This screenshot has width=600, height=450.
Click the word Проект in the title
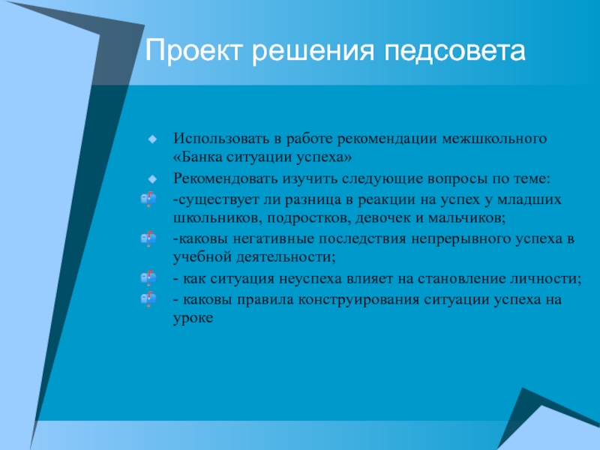tap(194, 51)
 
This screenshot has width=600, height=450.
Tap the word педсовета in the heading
tap(454, 52)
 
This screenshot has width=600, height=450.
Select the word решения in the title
tap(313, 52)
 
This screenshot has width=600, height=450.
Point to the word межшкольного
tap(494, 139)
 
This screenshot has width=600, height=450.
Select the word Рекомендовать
tap(226, 178)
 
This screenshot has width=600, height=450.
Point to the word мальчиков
tap(466, 218)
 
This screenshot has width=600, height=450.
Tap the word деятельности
tap(286, 257)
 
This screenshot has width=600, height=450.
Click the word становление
tap(461, 278)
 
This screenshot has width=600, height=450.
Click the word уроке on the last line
tap(193, 318)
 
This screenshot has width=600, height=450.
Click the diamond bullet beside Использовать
tap(152, 139)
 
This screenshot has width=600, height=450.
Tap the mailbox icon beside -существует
tap(148, 199)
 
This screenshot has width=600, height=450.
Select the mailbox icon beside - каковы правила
tap(148, 298)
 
